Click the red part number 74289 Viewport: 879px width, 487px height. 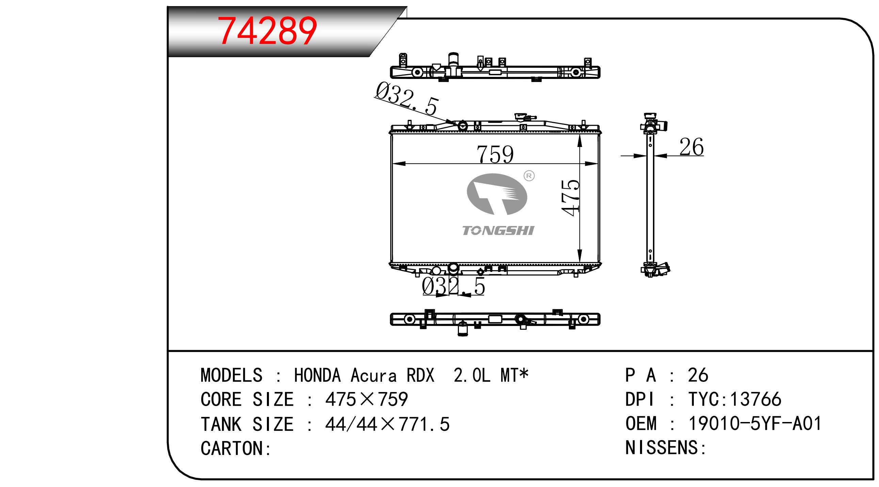268,31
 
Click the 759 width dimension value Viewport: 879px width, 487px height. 495,154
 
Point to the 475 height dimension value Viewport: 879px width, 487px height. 571,197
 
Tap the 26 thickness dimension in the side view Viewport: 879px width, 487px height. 691,147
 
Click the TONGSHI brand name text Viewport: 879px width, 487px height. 498,230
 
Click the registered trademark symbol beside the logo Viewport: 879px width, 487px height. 529,176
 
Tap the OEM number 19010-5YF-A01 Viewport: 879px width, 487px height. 755,423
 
